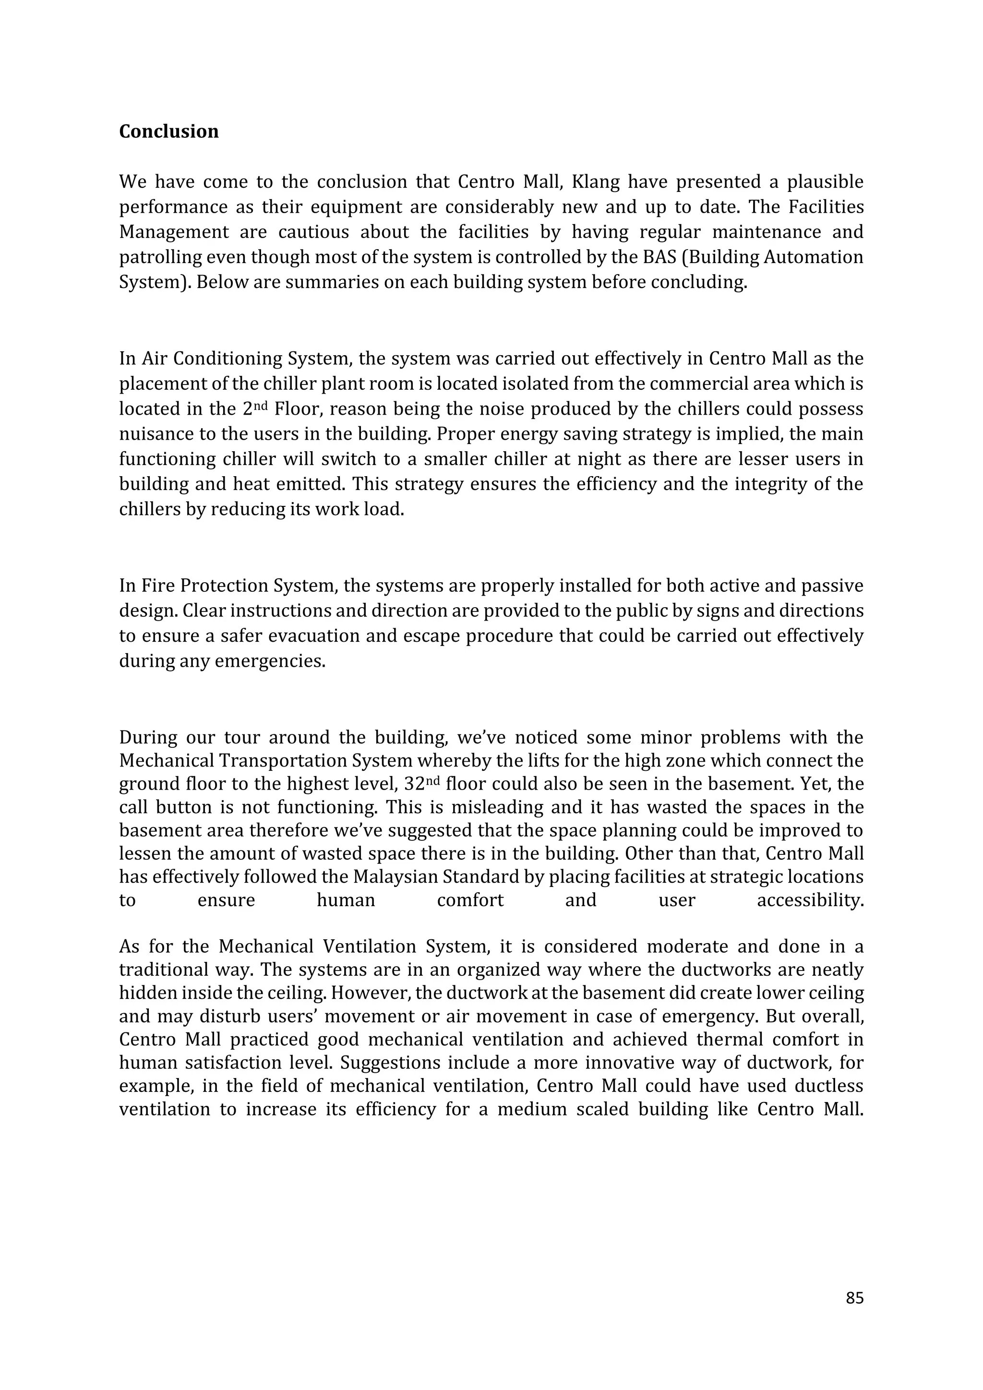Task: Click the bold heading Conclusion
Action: click(x=168, y=132)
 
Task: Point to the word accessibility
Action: click(x=810, y=901)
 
